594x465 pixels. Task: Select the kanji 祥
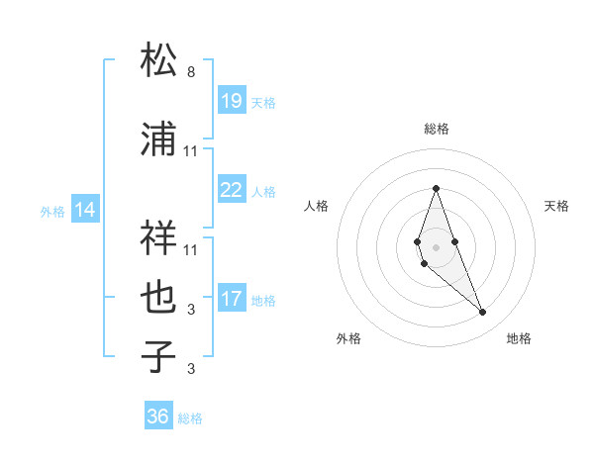(x=158, y=236)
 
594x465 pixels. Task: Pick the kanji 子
(x=158, y=356)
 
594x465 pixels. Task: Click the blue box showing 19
(x=231, y=101)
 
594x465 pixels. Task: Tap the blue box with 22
(x=231, y=191)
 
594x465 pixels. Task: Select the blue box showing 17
(x=231, y=299)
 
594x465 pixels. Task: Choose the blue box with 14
(x=85, y=210)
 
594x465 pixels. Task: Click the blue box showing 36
(x=158, y=417)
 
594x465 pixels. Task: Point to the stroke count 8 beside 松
(x=191, y=72)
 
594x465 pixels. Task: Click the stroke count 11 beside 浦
(x=191, y=151)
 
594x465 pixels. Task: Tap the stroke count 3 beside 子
(x=191, y=370)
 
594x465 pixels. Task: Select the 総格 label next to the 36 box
(x=190, y=418)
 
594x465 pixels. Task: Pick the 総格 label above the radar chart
(x=436, y=129)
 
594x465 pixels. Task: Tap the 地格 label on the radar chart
(x=519, y=338)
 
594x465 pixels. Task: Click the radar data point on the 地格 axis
(x=482, y=312)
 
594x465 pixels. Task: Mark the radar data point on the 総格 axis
(x=436, y=188)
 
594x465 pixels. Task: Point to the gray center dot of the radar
(x=436, y=245)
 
